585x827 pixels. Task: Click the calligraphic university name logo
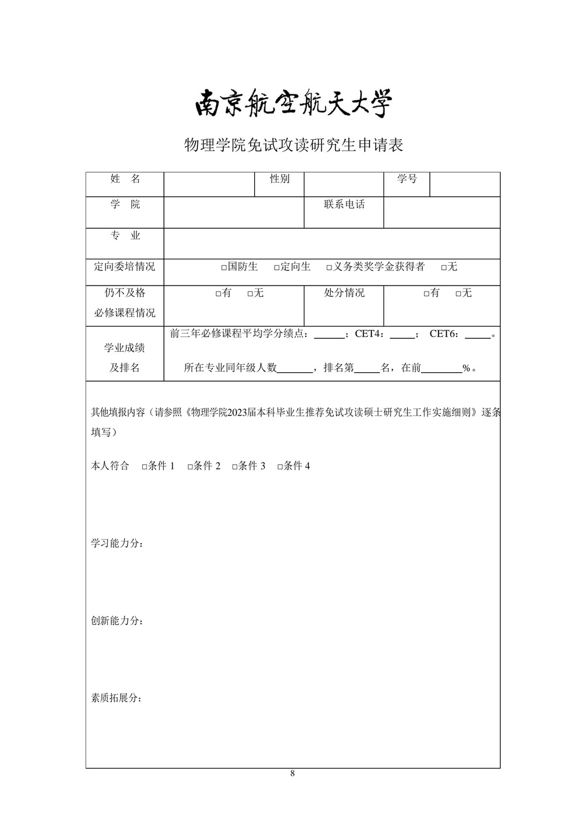click(x=293, y=104)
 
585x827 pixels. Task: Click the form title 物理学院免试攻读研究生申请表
click(x=293, y=145)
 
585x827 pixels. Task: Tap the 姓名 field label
click(x=125, y=179)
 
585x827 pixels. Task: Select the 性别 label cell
click(x=279, y=179)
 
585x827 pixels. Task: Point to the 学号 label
click(x=406, y=179)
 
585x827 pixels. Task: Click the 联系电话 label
click(x=344, y=205)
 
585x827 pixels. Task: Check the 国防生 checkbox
click(x=224, y=267)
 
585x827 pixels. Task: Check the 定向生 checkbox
click(x=277, y=267)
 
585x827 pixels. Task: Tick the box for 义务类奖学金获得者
click(x=330, y=267)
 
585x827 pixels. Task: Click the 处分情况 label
click(x=344, y=293)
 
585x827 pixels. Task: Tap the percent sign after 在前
click(x=466, y=369)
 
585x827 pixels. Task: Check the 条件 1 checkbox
click(x=145, y=467)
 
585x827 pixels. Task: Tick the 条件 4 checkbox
click(x=280, y=467)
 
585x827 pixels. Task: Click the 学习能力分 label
click(x=117, y=544)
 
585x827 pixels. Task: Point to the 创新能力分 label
click(x=117, y=621)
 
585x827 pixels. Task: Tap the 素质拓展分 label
click(x=117, y=698)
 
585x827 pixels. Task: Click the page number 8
click(x=293, y=774)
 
